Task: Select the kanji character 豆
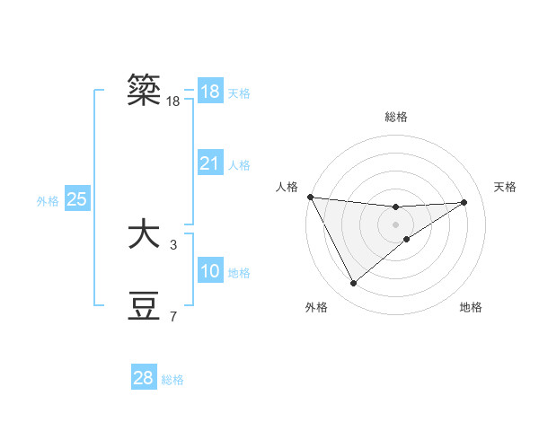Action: (145, 305)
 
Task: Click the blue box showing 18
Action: (209, 92)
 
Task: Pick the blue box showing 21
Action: (209, 163)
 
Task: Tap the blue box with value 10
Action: (209, 271)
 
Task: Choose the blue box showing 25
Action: (76, 199)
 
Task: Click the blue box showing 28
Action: (143, 378)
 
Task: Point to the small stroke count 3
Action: (173, 244)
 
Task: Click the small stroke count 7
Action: (173, 316)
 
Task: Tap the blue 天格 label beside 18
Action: (239, 92)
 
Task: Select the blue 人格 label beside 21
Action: (239, 164)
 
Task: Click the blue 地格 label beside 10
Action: (239, 272)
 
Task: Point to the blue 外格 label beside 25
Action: (48, 200)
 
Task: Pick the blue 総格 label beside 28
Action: (172, 379)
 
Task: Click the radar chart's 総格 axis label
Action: (396, 117)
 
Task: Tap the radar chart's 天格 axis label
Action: (505, 187)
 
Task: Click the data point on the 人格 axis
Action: (310, 197)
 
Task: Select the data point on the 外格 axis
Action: (353, 284)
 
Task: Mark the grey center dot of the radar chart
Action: (396, 224)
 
